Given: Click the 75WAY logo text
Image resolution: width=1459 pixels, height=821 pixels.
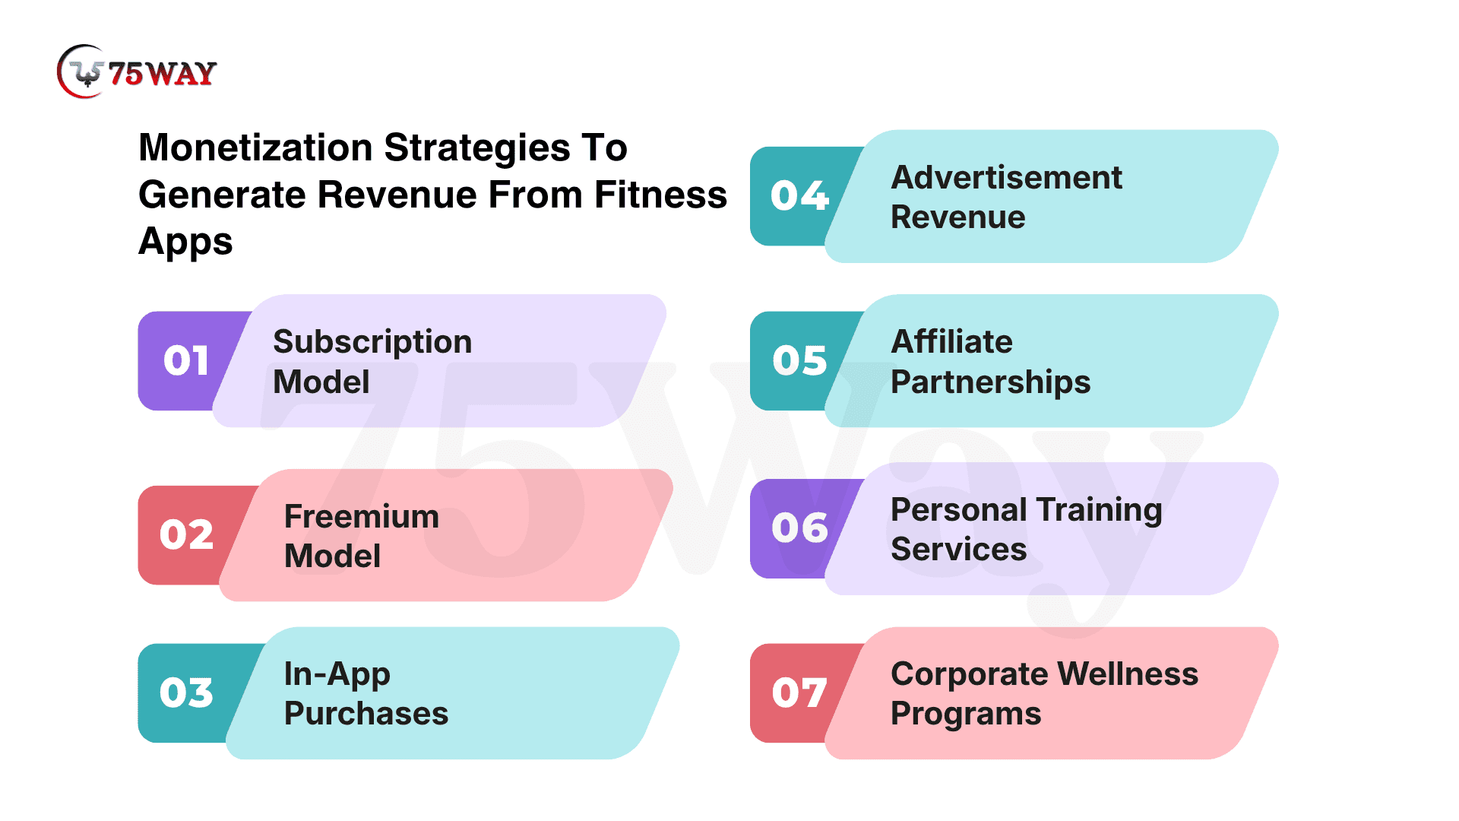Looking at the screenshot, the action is point(163,74).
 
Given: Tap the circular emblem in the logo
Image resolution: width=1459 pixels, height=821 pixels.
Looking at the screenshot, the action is point(82,71).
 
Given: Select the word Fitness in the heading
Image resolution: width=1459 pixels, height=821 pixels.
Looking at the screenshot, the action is point(660,195).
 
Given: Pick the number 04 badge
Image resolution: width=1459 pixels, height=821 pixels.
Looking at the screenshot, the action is point(799,196).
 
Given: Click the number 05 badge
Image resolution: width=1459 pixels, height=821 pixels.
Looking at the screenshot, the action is point(799,360).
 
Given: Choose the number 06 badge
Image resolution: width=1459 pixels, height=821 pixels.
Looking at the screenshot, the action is point(799,528).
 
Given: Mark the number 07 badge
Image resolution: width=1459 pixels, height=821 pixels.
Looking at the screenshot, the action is point(799,693).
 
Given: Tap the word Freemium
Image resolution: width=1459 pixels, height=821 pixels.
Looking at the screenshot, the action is point(362,517).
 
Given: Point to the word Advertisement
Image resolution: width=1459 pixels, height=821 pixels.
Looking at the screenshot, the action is point(1006,178).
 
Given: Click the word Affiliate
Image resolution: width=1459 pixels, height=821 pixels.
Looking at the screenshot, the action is point(951,342).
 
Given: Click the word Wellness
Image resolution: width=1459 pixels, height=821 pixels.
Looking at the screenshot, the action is point(1128,674).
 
